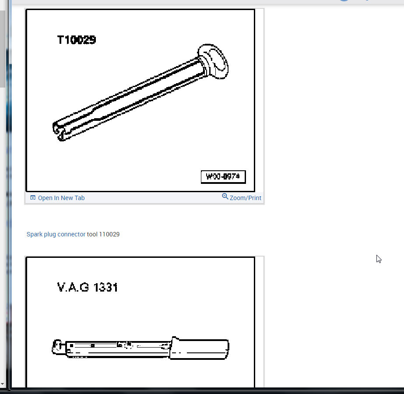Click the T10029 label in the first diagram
point(77,40)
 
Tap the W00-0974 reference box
point(223,177)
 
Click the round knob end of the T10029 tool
point(214,62)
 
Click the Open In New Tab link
point(61,198)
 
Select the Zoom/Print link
point(245,198)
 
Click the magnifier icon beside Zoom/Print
point(225,197)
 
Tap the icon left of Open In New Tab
point(33,198)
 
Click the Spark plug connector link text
point(56,234)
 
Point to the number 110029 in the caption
point(109,234)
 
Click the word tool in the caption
point(92,234)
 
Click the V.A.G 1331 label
point(88,287)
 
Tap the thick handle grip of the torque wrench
point(199,348)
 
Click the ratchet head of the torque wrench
point(56,347)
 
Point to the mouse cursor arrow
point(378,258)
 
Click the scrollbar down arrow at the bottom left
point(3,384)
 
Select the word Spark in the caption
point(34,234)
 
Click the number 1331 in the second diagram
point(105,287)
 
